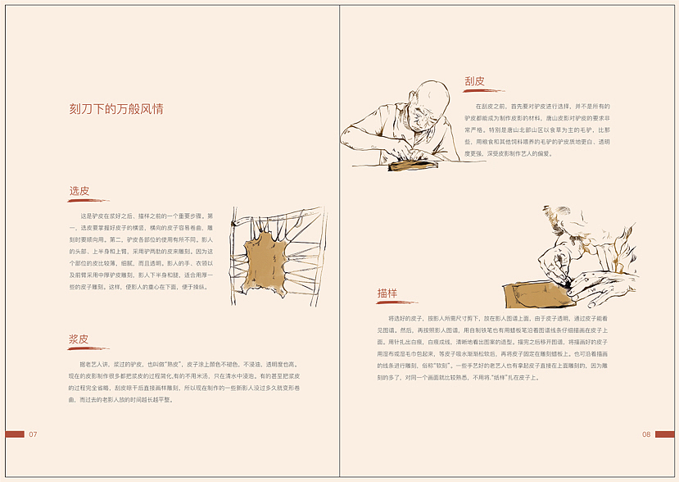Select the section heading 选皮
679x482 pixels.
click(79, 191)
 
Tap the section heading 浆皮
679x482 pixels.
click(79, 339)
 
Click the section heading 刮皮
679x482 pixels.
click(474, 81)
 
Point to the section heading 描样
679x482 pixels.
click(387, 293)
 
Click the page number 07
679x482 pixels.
click(34, 434)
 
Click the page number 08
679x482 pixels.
click(646, 434)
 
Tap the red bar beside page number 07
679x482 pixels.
click(15, 434)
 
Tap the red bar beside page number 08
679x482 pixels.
click(664, 434)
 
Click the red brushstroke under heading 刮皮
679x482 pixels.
click(483, 90)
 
